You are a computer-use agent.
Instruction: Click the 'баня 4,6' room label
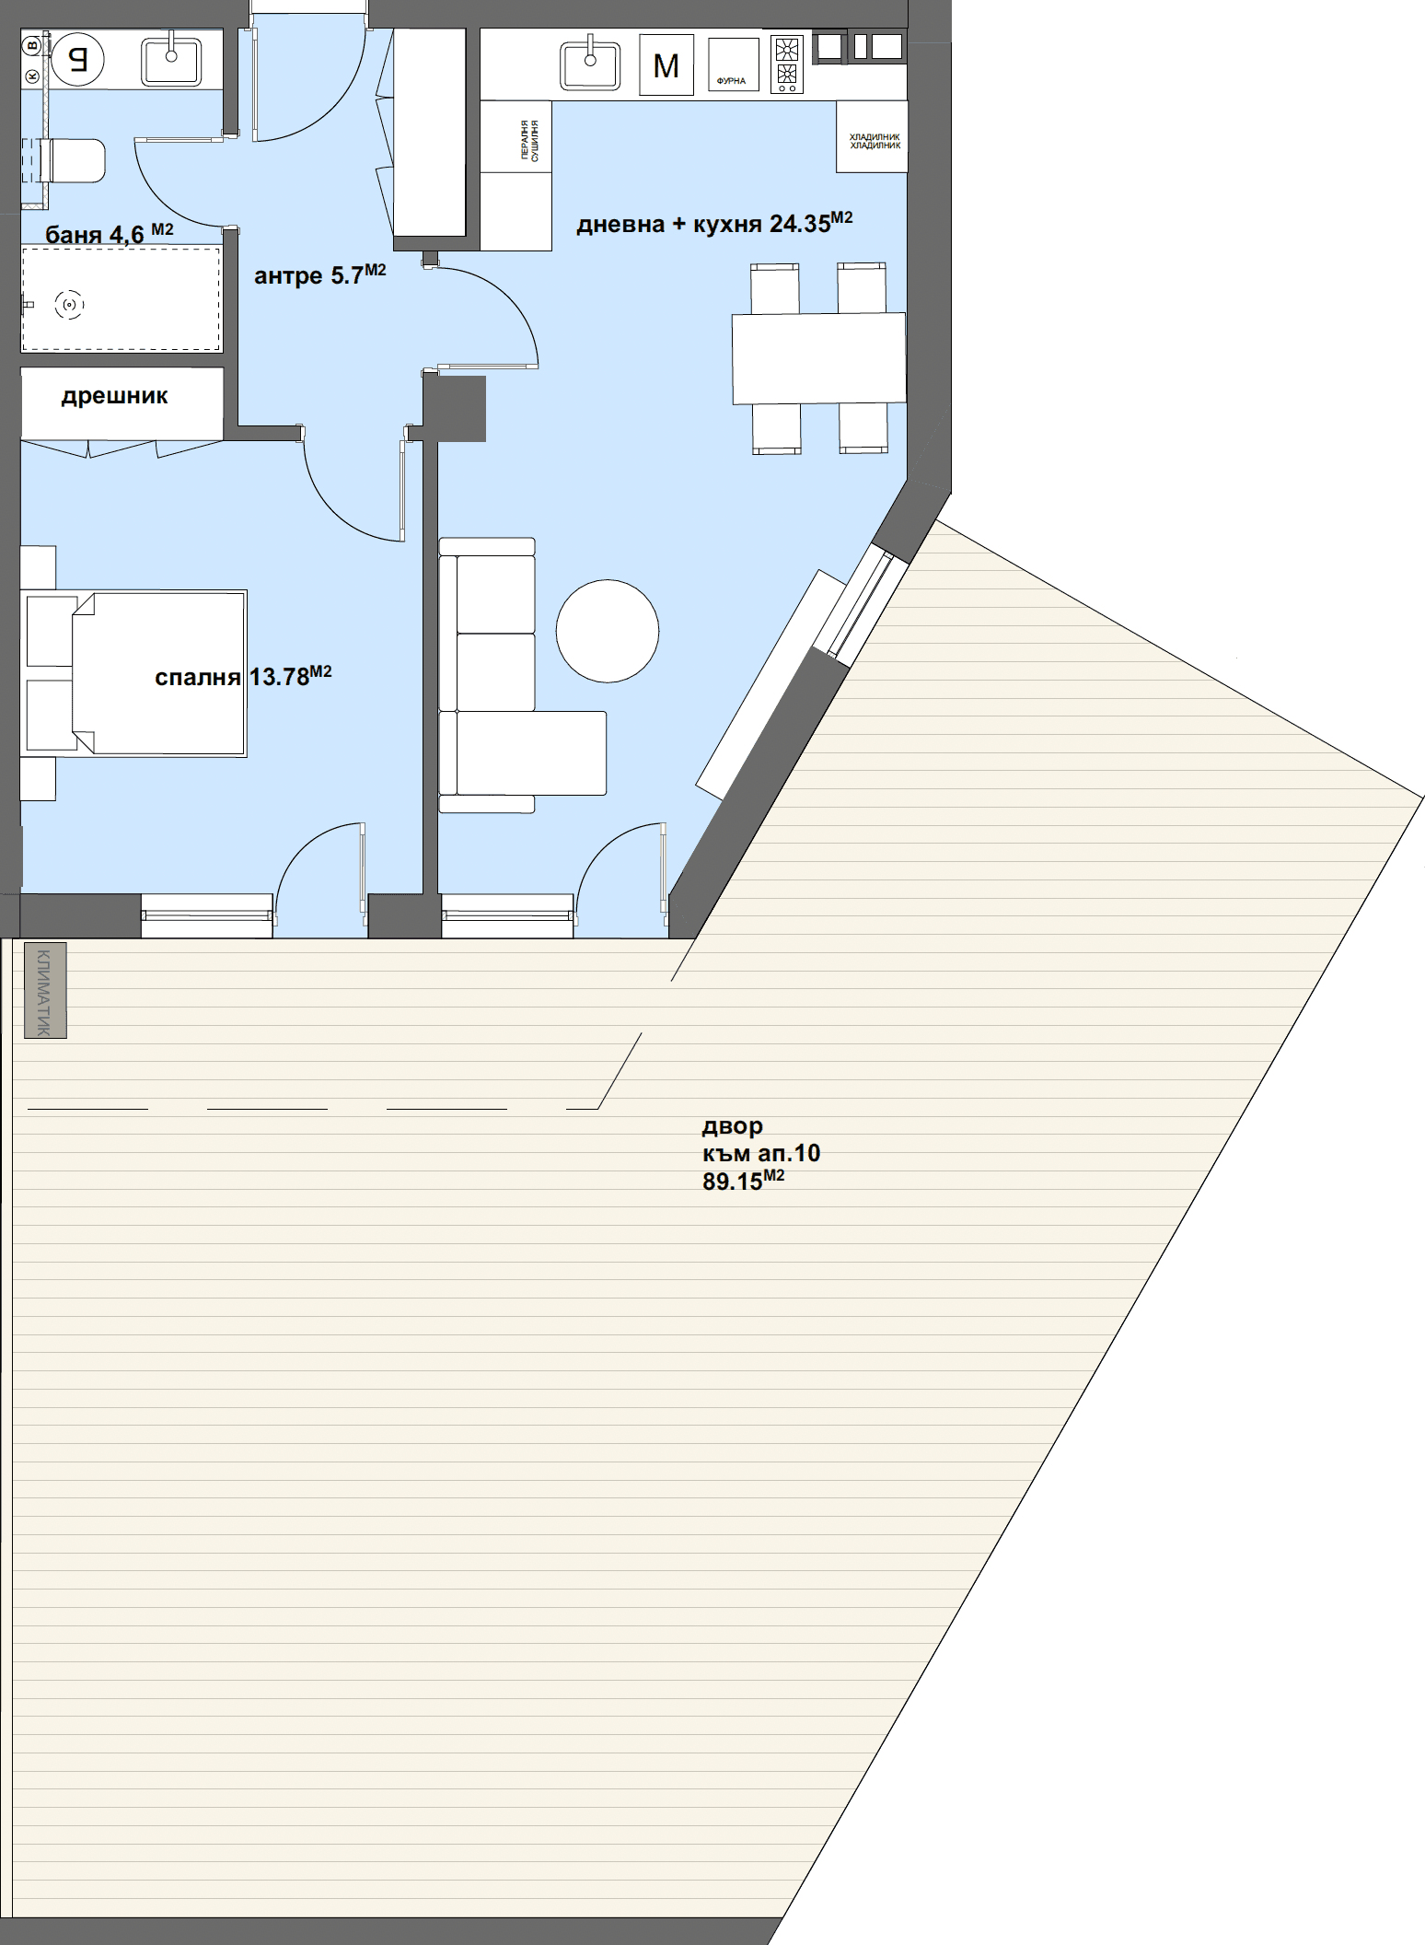(109, 234)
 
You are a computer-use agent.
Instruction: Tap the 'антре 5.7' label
(319, 274)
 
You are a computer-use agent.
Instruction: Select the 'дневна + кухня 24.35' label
(714, 224)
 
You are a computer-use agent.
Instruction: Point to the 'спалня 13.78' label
(243, 677)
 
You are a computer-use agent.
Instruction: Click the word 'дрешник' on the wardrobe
(114, 396)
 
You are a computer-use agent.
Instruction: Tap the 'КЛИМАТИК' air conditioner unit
(45, 991)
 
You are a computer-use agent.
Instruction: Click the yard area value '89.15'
(733, 1182)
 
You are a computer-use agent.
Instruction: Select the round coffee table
(608, 631)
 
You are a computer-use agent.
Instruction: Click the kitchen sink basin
(589, 64)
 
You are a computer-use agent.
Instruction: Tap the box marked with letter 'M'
(666, 64)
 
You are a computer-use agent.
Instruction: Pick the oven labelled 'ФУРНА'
(733, 64)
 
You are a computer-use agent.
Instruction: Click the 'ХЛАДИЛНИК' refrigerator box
(872, 136)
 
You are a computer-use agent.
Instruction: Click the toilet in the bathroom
(74, 161)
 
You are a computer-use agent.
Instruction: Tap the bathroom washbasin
(171, 61)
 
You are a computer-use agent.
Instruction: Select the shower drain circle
(69, 304)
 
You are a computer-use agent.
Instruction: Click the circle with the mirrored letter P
(77, 61)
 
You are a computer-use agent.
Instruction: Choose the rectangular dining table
(818, 358)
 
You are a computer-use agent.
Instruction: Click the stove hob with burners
(787, 64)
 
